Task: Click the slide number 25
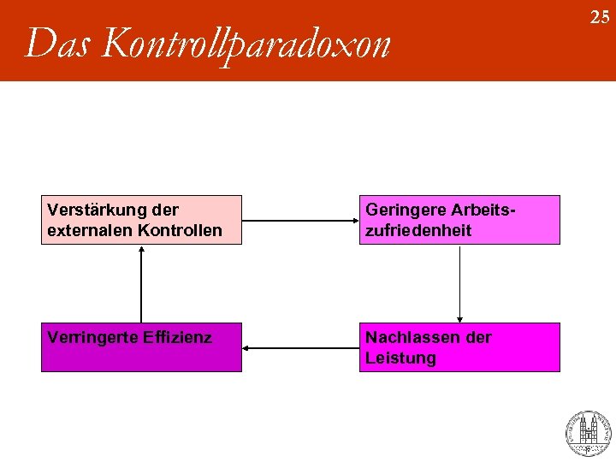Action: [600, 16]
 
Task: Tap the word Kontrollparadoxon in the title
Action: [245, 44]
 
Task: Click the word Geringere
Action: [404, 210]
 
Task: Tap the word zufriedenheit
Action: [418, 230]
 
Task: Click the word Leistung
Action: [400, 358]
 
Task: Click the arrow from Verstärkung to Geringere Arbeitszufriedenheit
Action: [299, 221]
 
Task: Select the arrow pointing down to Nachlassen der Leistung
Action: [460, 283]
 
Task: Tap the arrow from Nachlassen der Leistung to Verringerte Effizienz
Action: [299, 348]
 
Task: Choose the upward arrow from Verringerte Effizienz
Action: [141, 283]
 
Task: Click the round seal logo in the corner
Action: [588, 433]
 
